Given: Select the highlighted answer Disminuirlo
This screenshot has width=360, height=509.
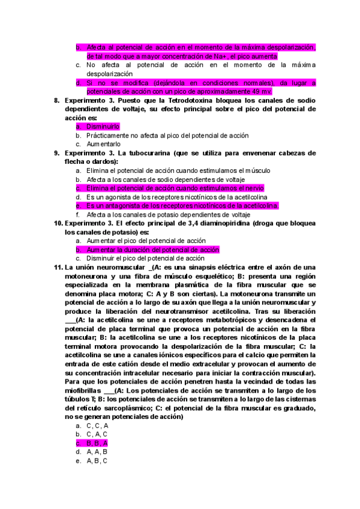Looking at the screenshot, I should [x=103, y=127].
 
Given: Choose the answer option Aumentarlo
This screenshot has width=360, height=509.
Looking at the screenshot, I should [x=103, y=144].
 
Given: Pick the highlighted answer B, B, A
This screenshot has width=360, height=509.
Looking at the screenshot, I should [x=97, y=443].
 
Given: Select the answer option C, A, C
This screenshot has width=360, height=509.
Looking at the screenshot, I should [x=97, y=434].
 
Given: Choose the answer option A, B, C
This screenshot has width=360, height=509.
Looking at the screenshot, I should [x=97, y=461].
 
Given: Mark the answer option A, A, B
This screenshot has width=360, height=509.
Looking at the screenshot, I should [x=97, y=452].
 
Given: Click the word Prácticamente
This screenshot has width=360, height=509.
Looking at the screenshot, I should [x=110, y=136].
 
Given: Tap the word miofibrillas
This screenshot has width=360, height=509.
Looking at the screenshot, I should [x=83, y=391].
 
